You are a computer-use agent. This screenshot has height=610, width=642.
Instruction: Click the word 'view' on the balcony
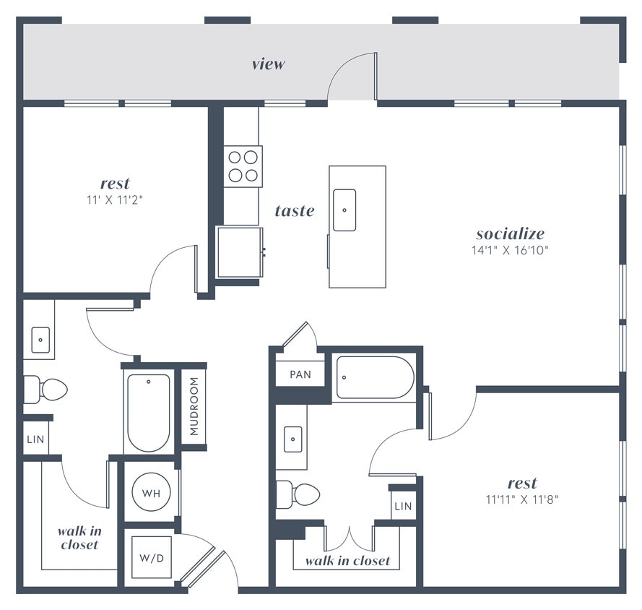tap(268, 64)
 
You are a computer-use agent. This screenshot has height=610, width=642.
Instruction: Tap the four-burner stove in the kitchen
tap(243, 166)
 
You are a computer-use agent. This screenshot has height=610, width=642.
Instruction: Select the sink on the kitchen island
tap(344, 210)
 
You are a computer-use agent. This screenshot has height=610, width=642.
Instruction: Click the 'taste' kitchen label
tap(295, 211)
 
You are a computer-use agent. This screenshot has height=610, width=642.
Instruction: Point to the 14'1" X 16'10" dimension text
tap(510, 252)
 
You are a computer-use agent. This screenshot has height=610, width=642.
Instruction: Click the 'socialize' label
tap(510, 233)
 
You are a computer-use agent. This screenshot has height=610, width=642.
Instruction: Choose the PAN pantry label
tap(300, 374)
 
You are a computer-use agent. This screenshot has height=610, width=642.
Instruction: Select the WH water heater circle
tap(151, 493)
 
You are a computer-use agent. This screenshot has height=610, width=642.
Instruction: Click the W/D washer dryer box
tap(151, 557)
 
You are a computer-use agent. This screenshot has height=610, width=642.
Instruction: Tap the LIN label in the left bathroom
tap(35, 439)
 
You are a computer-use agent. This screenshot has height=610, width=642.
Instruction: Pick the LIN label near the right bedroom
tap(403, 506)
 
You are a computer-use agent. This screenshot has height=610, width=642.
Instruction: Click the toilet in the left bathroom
tap(45, 390)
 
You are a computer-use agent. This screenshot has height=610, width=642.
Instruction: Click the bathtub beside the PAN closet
tap(375, 377)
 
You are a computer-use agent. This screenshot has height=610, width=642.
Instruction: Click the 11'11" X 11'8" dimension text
tap(522, 499)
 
